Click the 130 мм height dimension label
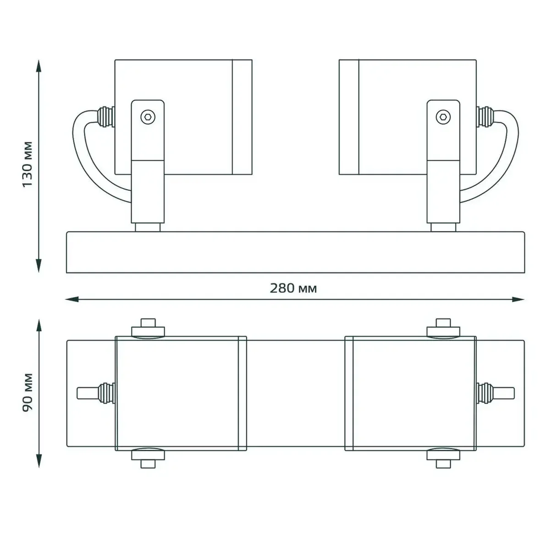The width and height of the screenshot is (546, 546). pos(27,165)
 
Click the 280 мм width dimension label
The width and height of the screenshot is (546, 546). pos(293,288)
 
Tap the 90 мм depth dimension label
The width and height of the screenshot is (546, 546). pos(28,392)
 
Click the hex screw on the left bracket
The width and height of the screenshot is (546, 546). pos(148,116)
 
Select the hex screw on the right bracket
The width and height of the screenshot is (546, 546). pos(443,116)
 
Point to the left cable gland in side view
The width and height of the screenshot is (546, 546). pos(105,116)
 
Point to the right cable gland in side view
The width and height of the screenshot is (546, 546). pos(485,116)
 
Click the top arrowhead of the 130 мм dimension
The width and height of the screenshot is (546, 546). pos(39,66)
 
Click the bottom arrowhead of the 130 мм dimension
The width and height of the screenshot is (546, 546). pos(39,265)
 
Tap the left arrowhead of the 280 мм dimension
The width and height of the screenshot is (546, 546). pos(72,299)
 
